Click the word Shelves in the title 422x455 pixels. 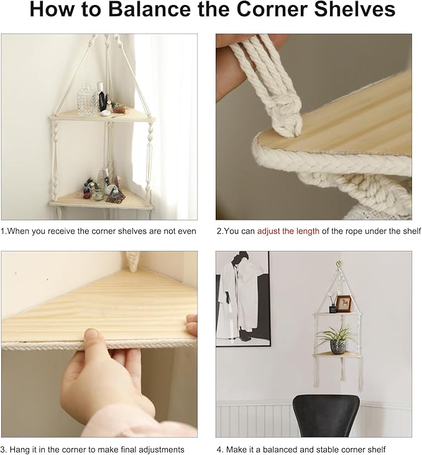coord(355,9)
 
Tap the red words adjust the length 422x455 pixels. coord(288,231)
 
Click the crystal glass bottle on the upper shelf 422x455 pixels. coord(87,100)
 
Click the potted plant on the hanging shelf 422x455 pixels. coord(337,339)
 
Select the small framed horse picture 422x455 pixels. coord(344,304)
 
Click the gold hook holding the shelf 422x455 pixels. coord(338,264)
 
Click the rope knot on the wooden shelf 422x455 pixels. coord(285,122)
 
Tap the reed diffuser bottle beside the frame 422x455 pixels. coord(333,307)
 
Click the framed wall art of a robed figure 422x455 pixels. coord(243,299)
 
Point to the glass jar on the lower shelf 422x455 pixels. coord(98,192)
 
